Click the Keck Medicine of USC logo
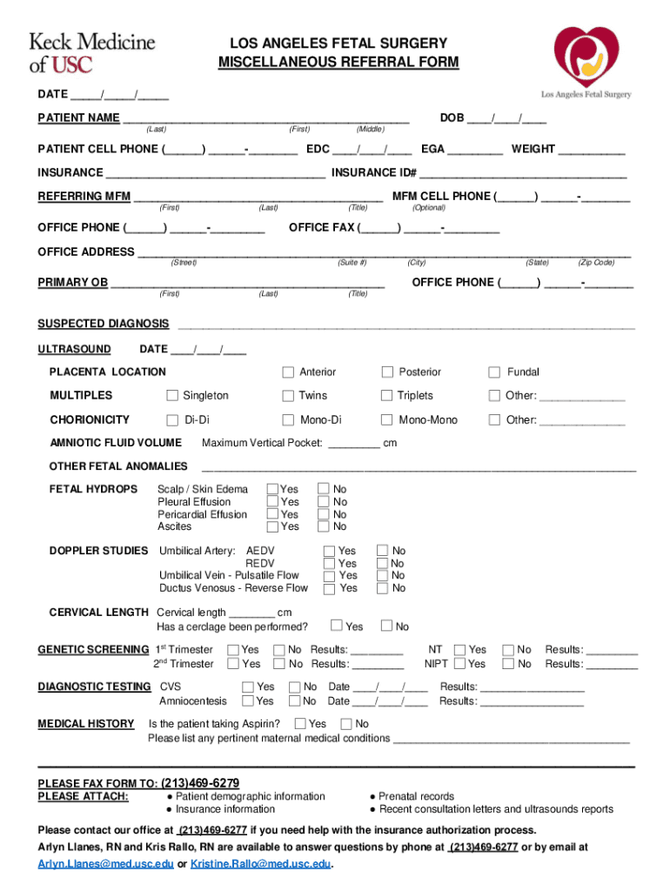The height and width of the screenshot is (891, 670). coord(92,52)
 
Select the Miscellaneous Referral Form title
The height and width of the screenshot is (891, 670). coord(338,63)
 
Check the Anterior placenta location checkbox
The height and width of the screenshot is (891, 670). coord(288,372)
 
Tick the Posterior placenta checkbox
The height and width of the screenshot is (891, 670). coord(388,372)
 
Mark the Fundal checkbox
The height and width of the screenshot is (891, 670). coord(494,372)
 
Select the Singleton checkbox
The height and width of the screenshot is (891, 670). coord(172,396)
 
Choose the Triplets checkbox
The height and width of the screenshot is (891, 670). coord(388,396)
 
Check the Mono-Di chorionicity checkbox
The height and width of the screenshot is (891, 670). coord(288,420)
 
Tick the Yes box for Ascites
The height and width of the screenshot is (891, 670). coord(273,526)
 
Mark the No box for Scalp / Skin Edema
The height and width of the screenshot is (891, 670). coord(324,490)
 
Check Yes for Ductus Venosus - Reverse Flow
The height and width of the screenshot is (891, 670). coord(329,588)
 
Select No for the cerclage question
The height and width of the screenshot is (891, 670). coord(385,626)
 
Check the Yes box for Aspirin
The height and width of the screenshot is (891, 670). coord(300,724)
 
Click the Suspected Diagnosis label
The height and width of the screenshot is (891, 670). coord(103,324)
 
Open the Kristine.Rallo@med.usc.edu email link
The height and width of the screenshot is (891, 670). coord(261,864)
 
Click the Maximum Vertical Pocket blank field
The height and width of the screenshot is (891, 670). coord(354,443)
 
